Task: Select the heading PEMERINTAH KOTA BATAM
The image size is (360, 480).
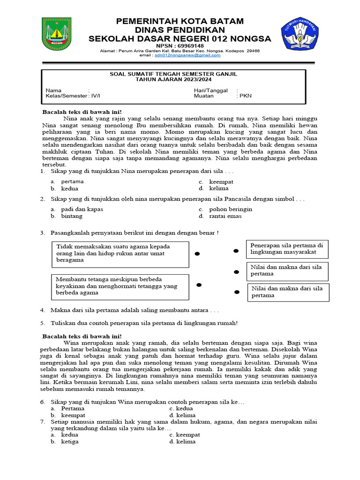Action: pyautogui.click(x=180, y=21)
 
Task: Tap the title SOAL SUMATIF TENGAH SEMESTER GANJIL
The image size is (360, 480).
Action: pyautogui.click(x=173, y=74)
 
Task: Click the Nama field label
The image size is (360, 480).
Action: pyautogui.click(x=53, y=90)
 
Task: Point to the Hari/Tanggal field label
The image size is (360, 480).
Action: pyautogui.click(x=210, y=90)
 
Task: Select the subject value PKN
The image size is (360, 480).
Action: pyautogui.click(x=246, y=96)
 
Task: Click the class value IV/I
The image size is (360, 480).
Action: pyautogui.click(x=95, y=96)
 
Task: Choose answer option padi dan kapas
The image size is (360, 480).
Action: pyautogui.click(x=82, y=209)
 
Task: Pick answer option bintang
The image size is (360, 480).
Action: pyautogui.click(x=71, y=216)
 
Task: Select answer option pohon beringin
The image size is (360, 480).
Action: pyautogui.click(x=231, y=209)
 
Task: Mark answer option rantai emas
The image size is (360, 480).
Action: pyautogui.click(x=225, y=216)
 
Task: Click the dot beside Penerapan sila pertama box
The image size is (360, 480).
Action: pyautogui.click(x=236, y=252)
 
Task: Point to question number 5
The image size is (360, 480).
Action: pyautogui.click(x=42, y=323)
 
